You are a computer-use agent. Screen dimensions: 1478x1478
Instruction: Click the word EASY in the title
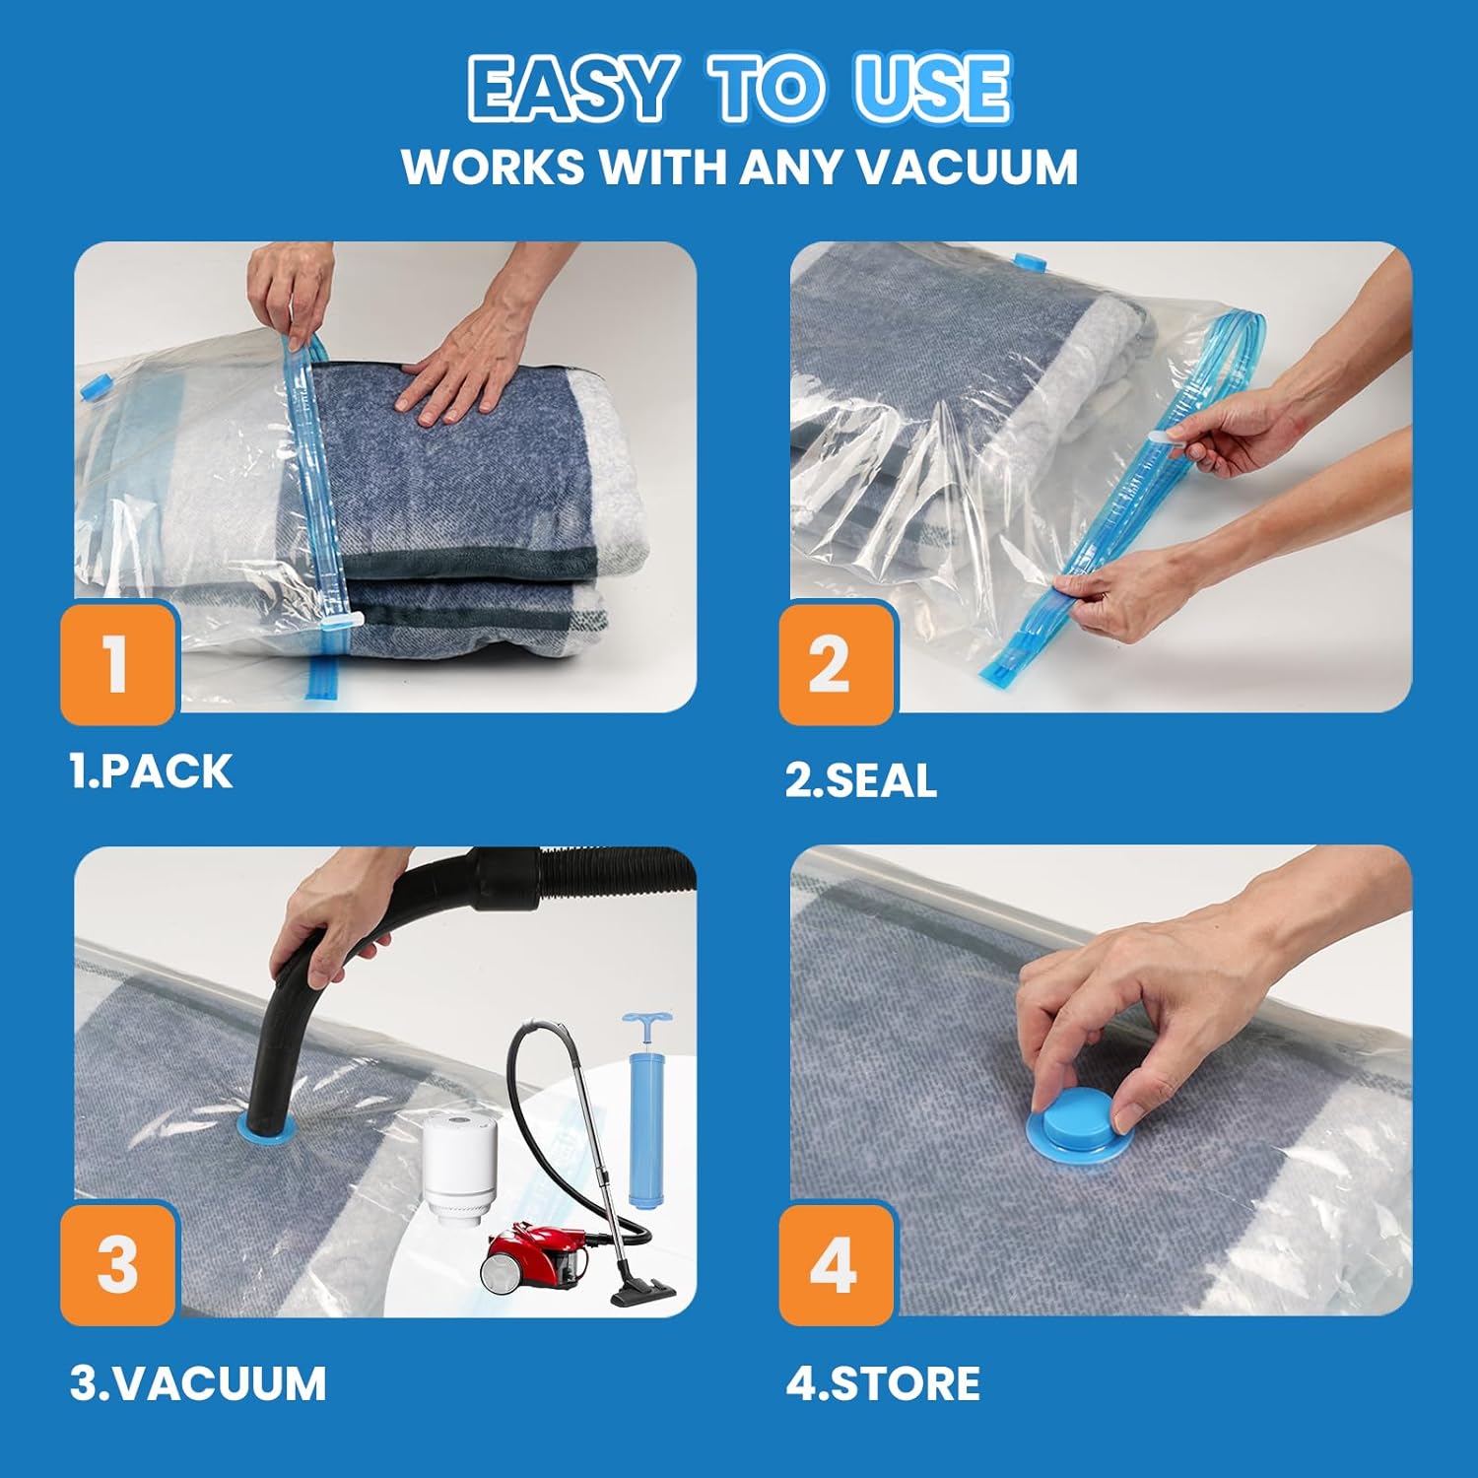[x=572, y=89]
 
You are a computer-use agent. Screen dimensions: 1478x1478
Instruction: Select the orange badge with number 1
[x=118, y=663]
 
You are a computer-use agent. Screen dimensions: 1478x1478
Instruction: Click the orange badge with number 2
[x=836, y=663]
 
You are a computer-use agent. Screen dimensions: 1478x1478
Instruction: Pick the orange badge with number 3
[x=118, y=1264]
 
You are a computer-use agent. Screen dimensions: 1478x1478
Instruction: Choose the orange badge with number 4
[x=836, y=1264]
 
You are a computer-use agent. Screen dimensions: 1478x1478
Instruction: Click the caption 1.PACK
[x=151, y=772]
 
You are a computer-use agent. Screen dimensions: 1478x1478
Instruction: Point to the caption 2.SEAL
[x=860, y=780]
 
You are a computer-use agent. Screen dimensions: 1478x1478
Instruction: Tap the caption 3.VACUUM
[x=197, y=1382]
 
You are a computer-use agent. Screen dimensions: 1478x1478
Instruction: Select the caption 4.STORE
[x=883, y=1382]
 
